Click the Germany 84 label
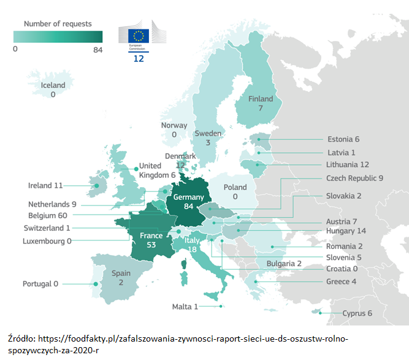click(x=188, y=203)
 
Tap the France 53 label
click(x=151, y=240)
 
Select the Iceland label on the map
click(x=53, y=90)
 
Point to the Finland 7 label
click(x=261, y=103)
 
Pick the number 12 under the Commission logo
click(x=138, y=59)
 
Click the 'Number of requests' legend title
click(x=58, y=24)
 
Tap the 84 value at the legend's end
click(x=97, y=50)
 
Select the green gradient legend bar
click(x=58, y=37)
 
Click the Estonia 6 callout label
click(x=343, y=139)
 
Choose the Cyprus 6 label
click(x=357, y=313)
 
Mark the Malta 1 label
click(x=185, y=307)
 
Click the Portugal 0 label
click(x=40, y=284)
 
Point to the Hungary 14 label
click(x=347, y=231)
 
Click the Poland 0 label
click(x=235, y=192)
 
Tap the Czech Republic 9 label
click(x=355, y=178)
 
